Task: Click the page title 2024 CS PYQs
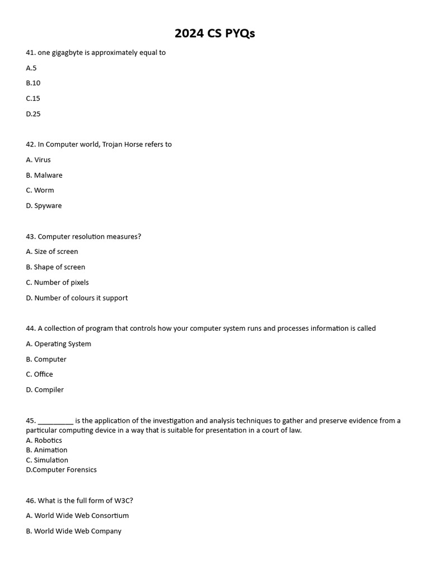(214, 34)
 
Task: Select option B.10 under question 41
(33, 83)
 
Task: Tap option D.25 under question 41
(33, 114)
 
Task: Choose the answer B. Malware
(44, 175)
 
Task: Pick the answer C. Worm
(40, 190)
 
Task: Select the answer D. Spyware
(44, 206)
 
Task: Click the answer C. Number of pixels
(57, 283)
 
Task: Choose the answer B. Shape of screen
(55, 267)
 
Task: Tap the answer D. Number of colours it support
(77, 298)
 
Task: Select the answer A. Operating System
(58, 344)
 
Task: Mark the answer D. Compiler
(45, 390)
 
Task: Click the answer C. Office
(39, 374)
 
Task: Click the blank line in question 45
(55, 421)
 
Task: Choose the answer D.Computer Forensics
(61, 470)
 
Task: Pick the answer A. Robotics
(44, 440)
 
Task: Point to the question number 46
(31, 500)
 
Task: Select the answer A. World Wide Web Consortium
(77, 515)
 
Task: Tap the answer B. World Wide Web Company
(73, 531)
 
